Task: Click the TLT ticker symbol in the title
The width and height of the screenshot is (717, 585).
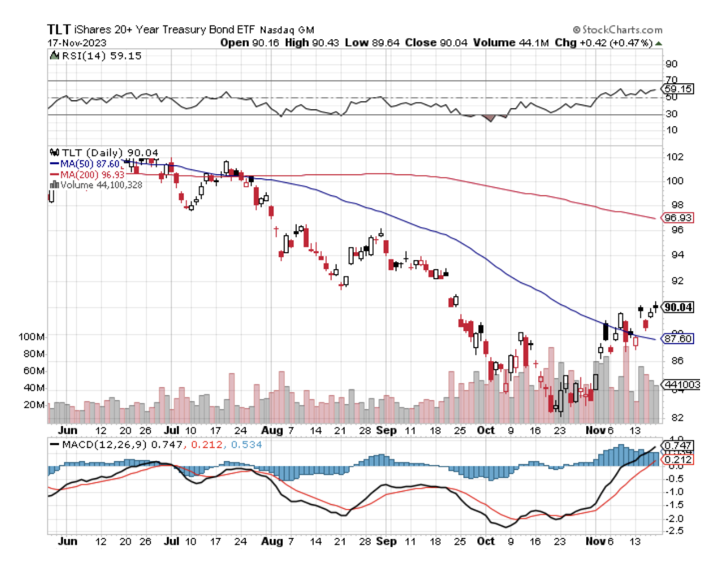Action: coord(59,29)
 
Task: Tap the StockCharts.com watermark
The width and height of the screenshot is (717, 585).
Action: coord(618,29)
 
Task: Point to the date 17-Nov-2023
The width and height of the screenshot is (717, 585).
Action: coord(77,43)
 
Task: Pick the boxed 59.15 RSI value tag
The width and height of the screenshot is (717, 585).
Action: coord(678,89)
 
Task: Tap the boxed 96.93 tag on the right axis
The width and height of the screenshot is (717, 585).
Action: coord(678,217)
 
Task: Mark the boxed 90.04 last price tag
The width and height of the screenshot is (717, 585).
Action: coord(678,307)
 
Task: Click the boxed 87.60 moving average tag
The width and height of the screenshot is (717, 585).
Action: coord(678,339)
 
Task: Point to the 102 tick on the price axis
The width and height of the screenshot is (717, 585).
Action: coord(675,157)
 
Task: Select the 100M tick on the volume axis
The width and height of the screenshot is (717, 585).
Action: coord(32,337)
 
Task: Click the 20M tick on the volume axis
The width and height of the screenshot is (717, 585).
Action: coord(34,405)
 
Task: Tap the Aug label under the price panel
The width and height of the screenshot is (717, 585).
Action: coord(272,430)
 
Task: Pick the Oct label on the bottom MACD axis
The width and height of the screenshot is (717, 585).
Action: coord(486,541)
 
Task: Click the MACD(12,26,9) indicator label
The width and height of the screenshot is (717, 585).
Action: coord(104,444)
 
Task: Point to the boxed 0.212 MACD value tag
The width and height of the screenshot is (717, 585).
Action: coord(678,460)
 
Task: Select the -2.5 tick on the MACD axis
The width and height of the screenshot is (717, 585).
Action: coord(675,531)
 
